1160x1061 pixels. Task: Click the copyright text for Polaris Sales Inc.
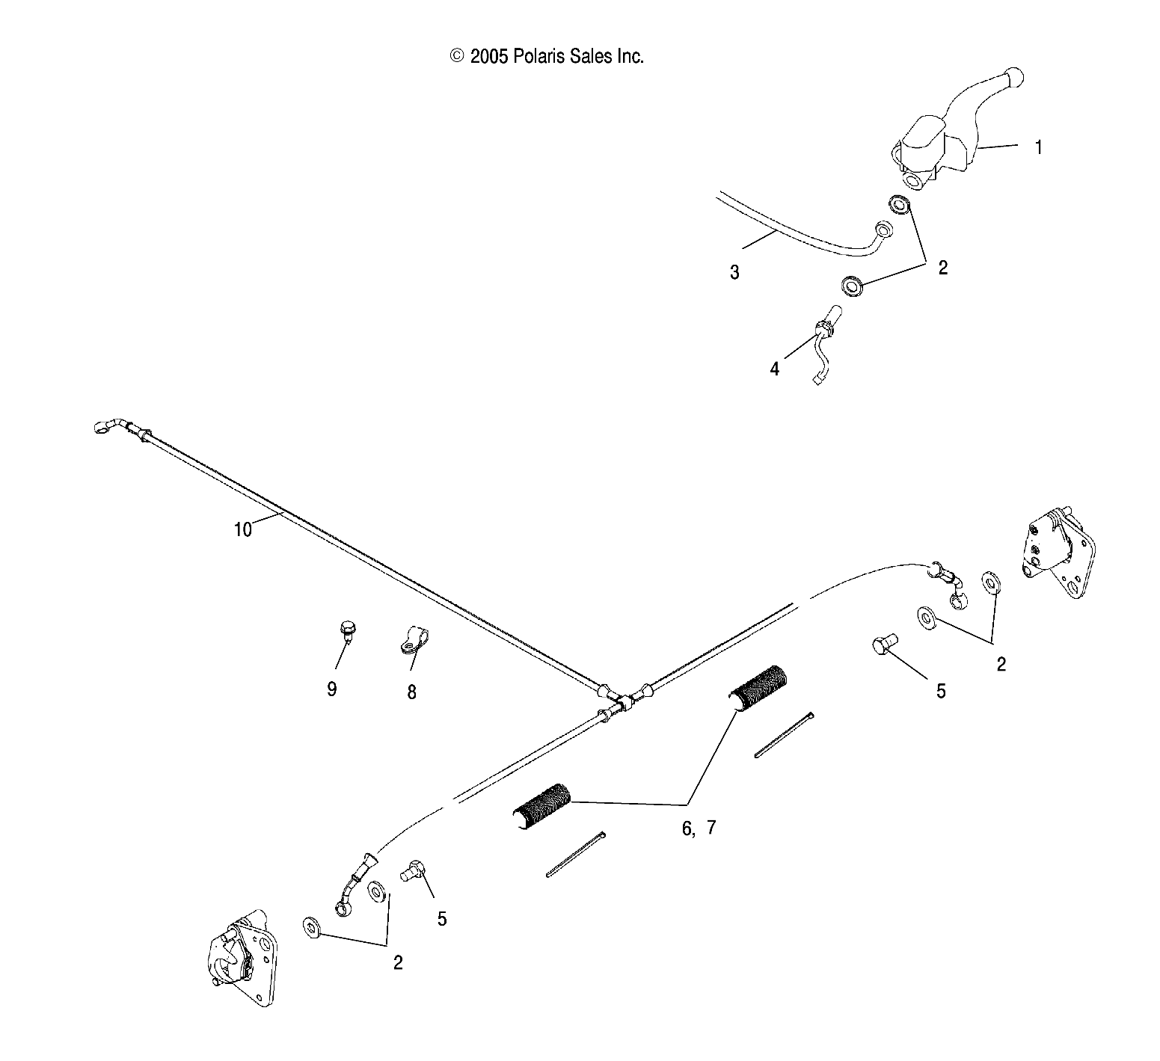coord(547,56)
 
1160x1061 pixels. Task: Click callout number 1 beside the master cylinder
coord(1038,147)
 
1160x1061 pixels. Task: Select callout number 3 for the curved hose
coord(734,272)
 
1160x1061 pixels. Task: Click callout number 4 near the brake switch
coord(775,369)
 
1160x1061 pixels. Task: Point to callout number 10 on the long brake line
coord(243,529)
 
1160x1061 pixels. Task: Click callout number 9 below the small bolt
coord(331,689)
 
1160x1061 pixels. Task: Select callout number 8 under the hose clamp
coord(411,692)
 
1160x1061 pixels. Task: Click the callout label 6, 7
coord(699,828)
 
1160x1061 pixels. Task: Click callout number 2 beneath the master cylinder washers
coord(942,268)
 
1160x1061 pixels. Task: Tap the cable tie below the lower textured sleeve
coord(574,855)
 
